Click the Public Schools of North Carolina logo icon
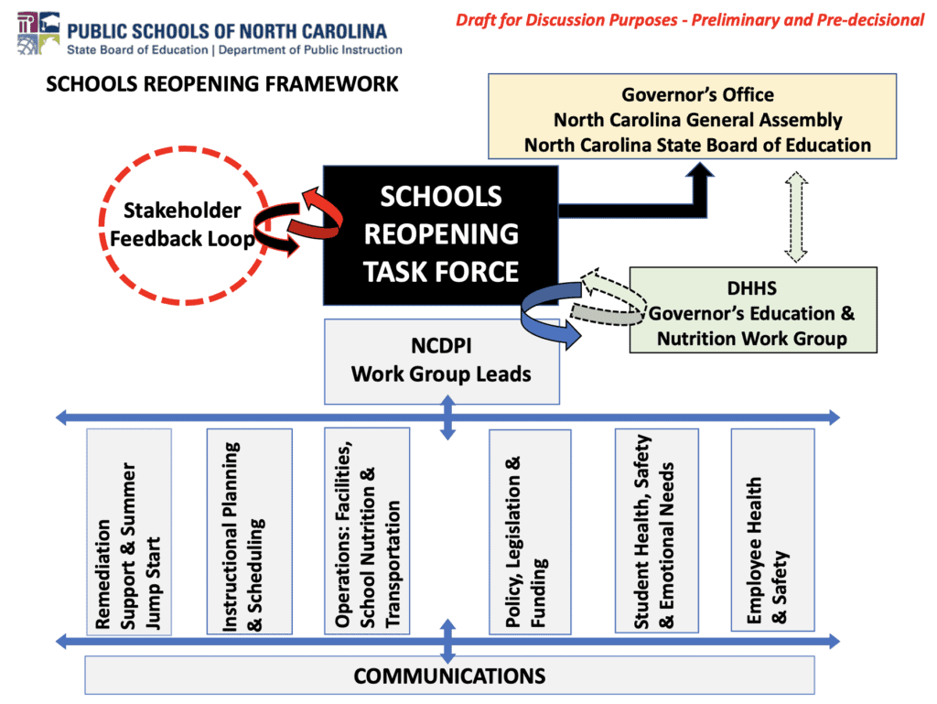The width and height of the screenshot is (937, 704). pyautogui.click(x=38, y=34)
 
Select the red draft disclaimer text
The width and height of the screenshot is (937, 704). pyautogui.click(x=690, y=20)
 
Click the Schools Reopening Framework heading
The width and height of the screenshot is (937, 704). pyautogui.click(x=221, y=84)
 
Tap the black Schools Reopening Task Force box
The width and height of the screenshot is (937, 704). pyautogui.click(x=441, y=235)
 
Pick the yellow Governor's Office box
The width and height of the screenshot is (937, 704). pyautogui.click(x=692, y=116)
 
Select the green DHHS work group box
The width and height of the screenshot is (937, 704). pyautogui.click(x=753, y=310)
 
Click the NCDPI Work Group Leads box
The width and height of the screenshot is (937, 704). pyautogui.click(x=442, y=361)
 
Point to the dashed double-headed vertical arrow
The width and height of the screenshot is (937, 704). pyautogui.click(x=796, y=217)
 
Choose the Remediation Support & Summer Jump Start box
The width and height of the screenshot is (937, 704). pyautogui.click(x=129, y=532)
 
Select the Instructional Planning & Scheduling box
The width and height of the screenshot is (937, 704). pyautogui.click(x=249, y=531)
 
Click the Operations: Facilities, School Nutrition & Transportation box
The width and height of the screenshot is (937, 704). pyautogui.click(x=367, y=531)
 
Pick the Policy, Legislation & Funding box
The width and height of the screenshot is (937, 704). pyautogui.click(x=530, y=532)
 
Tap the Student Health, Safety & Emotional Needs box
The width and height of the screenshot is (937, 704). pyautogui.click(x=657, y=531)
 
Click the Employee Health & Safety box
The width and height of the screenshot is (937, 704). pyautogui.click(x=772, y=530)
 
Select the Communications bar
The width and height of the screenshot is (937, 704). pyautogui.click(x=449, y=676)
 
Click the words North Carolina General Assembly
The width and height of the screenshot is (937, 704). pyautogui.click(x=698, y=120)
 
